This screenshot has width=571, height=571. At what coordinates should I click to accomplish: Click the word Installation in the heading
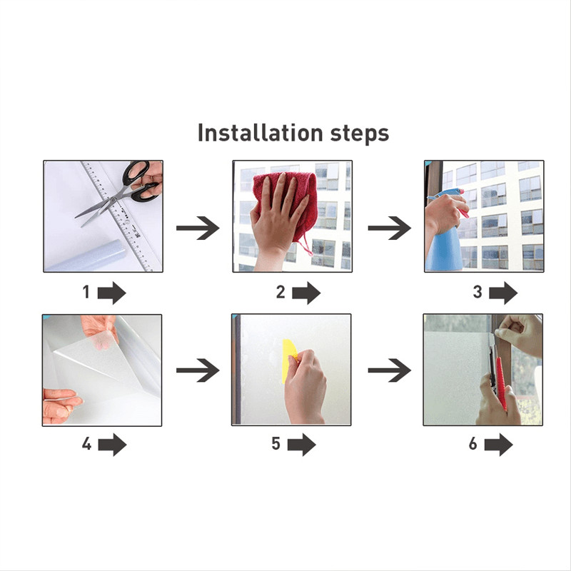tap(260, 133)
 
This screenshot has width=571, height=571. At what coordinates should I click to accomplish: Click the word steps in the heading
tap(360, 134)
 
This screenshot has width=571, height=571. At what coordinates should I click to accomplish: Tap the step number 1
tap(86, 292)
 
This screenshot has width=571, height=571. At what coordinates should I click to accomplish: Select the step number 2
tap(281, 292)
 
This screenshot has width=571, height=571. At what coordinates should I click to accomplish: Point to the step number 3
tap(477, 292)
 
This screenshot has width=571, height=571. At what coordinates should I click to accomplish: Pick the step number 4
tap(86, 443)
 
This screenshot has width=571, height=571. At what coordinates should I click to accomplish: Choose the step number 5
tap(276, 443)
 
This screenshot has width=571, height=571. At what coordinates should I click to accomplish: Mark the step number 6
tap(473, 443)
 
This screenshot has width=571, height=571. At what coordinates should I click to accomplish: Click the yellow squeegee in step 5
tap(289, 361)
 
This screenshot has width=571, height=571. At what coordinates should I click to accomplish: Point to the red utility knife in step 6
tap(501, 383)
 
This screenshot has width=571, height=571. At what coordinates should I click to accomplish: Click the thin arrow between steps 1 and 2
tap(198, 228)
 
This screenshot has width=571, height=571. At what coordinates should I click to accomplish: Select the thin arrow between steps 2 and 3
tap(389, 228)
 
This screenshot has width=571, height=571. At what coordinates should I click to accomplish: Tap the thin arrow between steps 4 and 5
tap(198, 370)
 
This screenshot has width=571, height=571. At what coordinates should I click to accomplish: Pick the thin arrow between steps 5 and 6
tap(389, 370)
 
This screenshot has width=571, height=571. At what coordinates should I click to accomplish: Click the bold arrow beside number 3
tap(503, 293)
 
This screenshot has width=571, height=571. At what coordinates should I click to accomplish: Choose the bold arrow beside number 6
tap(498, 445)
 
